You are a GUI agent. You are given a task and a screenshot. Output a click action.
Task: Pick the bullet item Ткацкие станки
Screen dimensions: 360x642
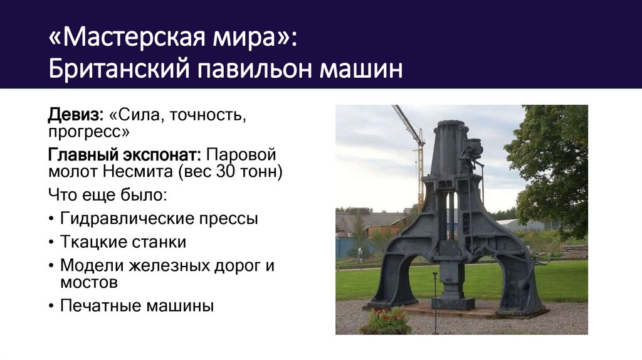pos(123,241)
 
